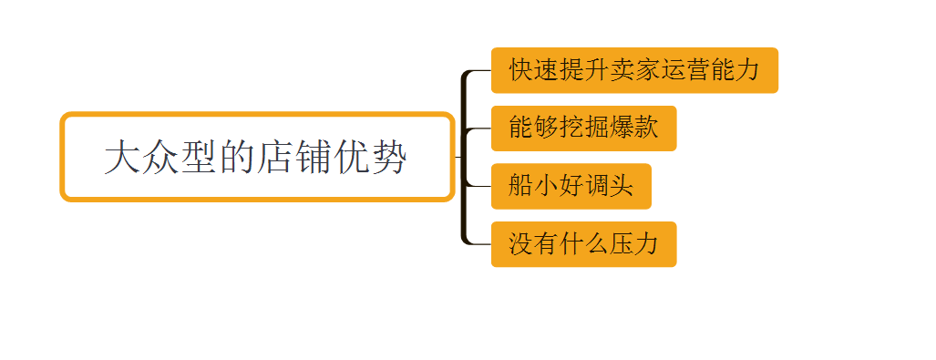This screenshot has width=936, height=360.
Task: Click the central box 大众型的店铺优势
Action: coord(257,157)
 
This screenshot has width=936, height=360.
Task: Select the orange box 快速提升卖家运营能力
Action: coord(634,70)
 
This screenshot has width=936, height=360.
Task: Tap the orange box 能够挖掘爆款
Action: coord(583,129)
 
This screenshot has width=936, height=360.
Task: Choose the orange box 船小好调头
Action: coord(571,186)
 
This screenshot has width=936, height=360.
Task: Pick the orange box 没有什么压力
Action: coord(583,244)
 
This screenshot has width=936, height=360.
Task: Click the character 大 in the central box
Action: coord(122,157)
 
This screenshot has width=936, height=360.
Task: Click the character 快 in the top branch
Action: coord(520,70)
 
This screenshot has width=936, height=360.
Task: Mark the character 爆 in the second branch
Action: coord(622,129)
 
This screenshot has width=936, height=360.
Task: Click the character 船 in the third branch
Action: coord(520,186)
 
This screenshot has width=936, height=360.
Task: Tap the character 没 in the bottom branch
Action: coord(520,244)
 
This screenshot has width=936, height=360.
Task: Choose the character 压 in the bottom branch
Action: coord(622,244)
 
